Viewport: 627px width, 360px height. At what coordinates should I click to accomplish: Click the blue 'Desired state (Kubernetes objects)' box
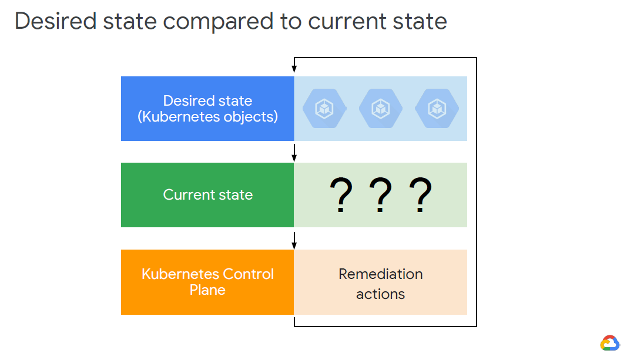click(x=207, y=109)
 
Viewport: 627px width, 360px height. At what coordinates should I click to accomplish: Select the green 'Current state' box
click(x=207, y=195)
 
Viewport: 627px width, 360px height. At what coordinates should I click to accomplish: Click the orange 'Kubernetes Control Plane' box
click(x=207, y=282)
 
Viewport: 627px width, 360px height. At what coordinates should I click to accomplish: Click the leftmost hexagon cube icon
click(x=324, y=109)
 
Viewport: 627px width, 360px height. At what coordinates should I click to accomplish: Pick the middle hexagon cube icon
click(x=380, y=109)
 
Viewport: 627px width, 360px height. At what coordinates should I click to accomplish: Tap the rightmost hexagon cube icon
click(x=437, y=109)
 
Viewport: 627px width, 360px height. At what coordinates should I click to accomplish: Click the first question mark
click(x=340, y=196)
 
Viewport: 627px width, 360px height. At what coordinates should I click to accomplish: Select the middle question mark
click(x=380, y=196)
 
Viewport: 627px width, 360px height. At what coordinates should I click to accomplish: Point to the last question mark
click(x=421, y=196)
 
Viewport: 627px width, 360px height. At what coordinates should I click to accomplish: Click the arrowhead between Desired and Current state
click(x=294, y=157)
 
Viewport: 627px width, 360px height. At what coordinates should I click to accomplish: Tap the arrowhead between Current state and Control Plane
click(x=294, y=244)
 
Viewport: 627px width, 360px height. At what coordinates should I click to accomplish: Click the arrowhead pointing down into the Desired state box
click(x=294, y=71)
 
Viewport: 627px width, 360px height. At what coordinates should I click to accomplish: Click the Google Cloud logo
click(x=609, y=343)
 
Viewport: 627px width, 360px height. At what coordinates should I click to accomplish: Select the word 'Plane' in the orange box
click(x=207, y=290)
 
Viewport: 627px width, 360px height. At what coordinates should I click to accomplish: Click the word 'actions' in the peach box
click(x=380, y=294)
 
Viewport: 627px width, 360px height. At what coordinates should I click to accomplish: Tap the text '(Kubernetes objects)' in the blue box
click(x=207, y=117)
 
